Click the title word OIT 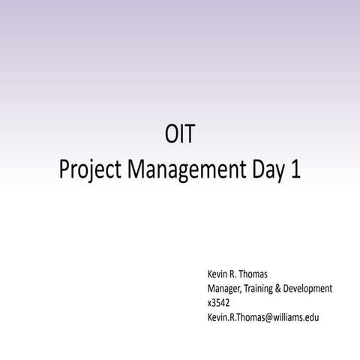[x=180, y=137]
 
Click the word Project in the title [x=89, y=171]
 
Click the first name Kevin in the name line [x=219, y=275]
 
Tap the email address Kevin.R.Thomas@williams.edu [x=262, y=317]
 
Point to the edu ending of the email [x=313, y=317]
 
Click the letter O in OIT [x=171, y=137]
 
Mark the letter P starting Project [x=63, y=169]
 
